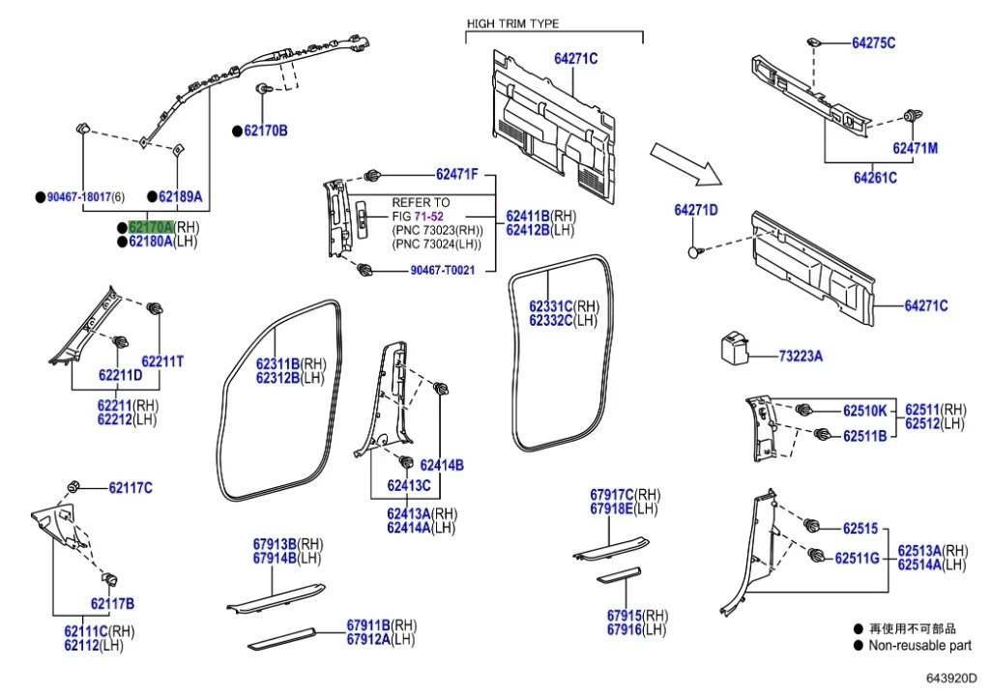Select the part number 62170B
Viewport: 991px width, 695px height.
tap(265, 130)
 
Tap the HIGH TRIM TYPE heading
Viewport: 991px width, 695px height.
tap(512, 23)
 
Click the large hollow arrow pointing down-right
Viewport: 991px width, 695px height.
tap(685, 161)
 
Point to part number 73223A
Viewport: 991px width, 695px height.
tap(801, 357)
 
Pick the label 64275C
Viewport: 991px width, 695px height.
tap(873, 43)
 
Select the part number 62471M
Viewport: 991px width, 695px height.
tap(915, 149)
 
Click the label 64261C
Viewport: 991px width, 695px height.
tap(874, 178)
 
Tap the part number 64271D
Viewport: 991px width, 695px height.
tap(696, 210)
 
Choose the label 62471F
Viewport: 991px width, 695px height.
tap(456, 174)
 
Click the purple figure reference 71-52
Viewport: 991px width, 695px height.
tap(430, 216)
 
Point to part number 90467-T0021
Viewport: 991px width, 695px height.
tap(442, 270)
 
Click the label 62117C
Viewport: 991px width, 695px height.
tap(130, 488)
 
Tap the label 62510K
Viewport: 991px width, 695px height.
tap(863, 410)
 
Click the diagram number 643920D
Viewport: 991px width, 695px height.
tap(951, 679)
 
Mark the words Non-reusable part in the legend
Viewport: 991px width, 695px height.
tap(919, 646)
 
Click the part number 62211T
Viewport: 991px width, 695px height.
tap(162, 362)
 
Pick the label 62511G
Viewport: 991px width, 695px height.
tap(857, 558)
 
